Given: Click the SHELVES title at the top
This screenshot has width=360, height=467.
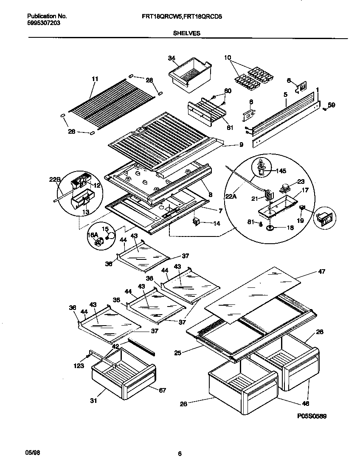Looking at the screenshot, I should click(x=187, y=33).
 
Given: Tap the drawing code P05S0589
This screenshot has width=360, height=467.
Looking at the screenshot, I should click(x=312, y=416).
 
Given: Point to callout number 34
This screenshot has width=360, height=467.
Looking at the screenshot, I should click(x=172, y=58).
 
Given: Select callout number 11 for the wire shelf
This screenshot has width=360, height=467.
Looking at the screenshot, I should click(x=95, y=79).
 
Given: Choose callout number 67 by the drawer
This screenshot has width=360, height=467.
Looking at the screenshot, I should click(x=162, y=390).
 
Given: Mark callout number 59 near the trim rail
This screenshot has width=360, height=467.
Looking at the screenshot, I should click(x=331, y=105).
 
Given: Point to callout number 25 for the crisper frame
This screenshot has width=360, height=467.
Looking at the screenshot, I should click(x=178, y=352).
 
